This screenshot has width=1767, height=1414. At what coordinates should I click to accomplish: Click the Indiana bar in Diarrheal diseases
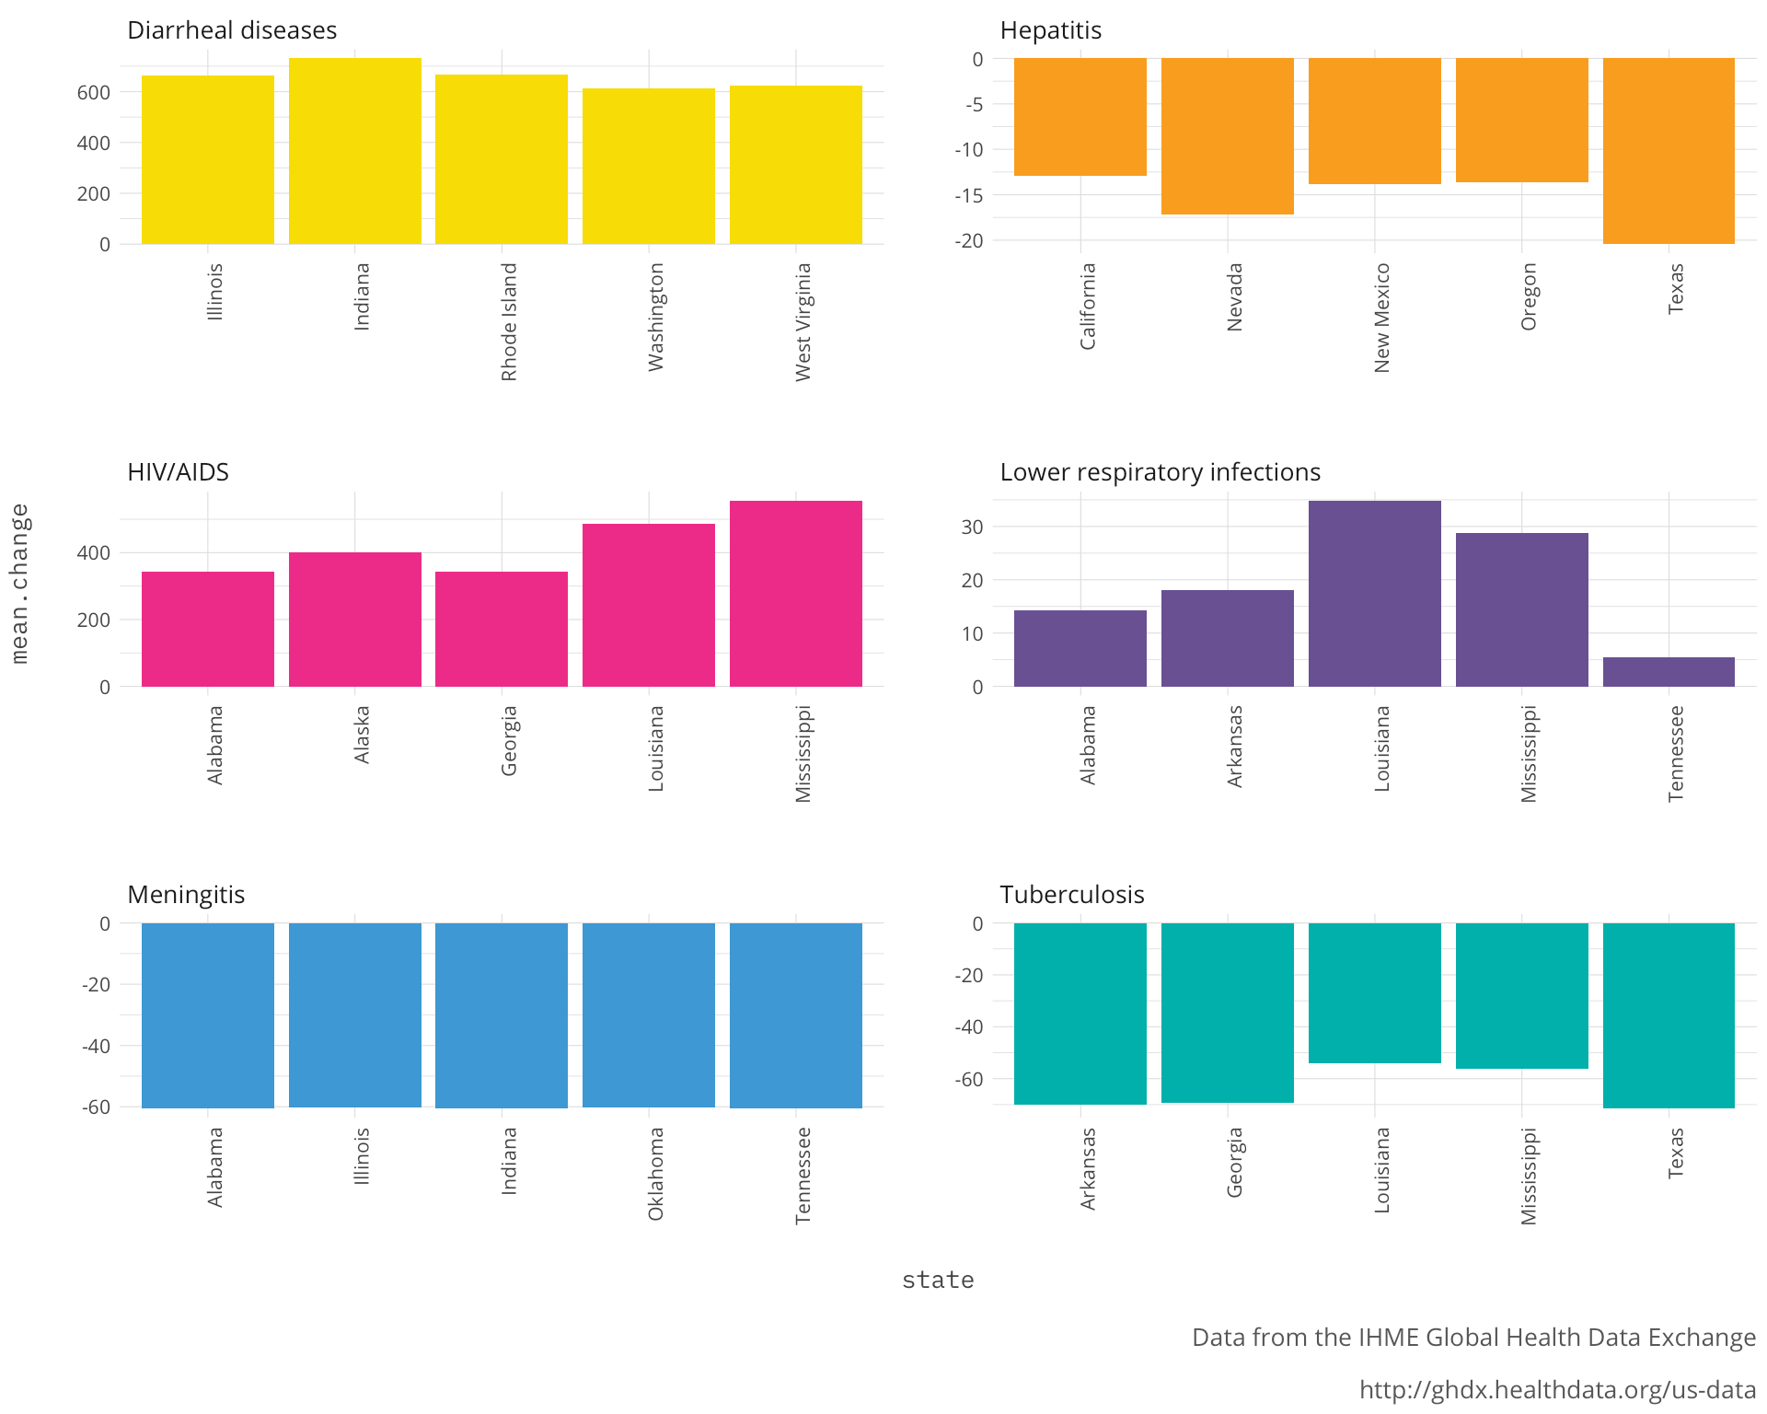[x=354, y=151]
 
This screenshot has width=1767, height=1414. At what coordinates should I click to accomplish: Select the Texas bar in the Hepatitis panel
[x=1669, y=151]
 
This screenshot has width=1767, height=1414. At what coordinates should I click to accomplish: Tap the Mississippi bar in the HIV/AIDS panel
[x=796, y=594]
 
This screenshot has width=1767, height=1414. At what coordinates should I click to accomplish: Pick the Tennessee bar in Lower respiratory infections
[x=1669, y=672]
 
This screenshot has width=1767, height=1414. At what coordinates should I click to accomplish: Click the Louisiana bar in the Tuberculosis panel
[x=1374, y=993]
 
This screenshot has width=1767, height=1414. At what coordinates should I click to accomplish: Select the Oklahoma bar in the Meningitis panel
[x=649, y=1014]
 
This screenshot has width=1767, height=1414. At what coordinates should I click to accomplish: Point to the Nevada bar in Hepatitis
[x=1227, y=136]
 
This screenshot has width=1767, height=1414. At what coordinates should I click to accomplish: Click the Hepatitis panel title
[x=1050, y=30]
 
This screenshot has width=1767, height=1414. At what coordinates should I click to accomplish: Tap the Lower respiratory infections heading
[x=1160, y=472]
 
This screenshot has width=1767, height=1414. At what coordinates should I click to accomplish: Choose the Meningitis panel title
[x=186, y=895]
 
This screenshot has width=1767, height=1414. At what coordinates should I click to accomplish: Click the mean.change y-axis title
[x=19, y=584]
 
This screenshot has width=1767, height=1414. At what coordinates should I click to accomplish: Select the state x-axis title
[x=938, y=1280]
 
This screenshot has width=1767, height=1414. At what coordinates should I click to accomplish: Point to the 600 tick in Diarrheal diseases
[x=94, y=92]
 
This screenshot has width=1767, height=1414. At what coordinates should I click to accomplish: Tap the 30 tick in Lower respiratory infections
[x=972, y=527]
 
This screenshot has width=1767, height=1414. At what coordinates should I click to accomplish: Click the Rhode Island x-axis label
[x=509, y=322]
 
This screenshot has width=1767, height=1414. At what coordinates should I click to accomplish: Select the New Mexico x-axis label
[x=1381, y=318]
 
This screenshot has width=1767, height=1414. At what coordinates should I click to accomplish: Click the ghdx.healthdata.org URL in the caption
[x=1557, y=1389]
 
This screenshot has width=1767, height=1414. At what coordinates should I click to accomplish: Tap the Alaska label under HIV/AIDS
[x=362, y=735]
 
